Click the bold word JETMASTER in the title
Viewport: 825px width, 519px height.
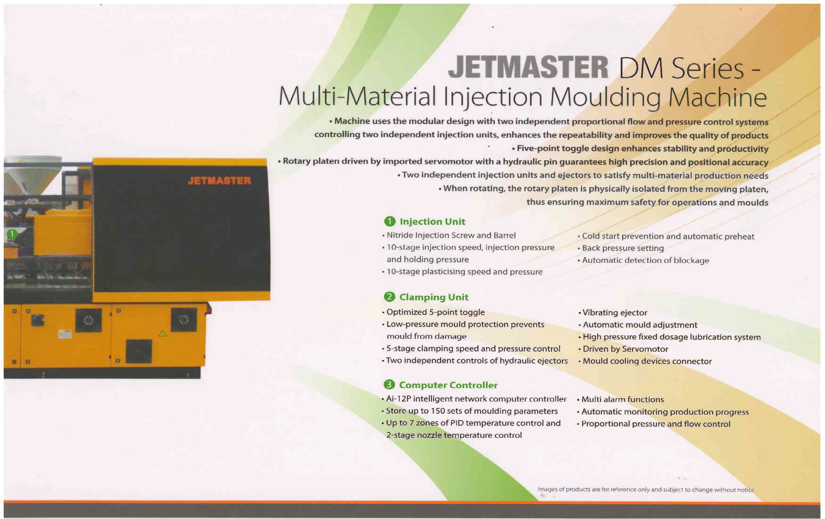coord(528,67)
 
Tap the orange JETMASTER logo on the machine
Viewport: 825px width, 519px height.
coord(220,181)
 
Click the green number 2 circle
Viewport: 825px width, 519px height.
coord(390,297)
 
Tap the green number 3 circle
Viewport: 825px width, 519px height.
coord(389,384)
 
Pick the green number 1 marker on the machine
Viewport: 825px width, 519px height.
coord(12,234)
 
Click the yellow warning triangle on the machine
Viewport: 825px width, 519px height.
coord(163,333)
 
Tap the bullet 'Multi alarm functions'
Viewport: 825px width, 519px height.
coord(620,399)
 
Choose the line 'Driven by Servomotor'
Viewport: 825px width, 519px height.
coord(623,349)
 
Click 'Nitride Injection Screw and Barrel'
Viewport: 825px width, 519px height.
coord(449,235)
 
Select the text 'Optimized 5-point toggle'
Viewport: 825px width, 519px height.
coord(433,312)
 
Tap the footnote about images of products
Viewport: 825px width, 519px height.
coord(646,490)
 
